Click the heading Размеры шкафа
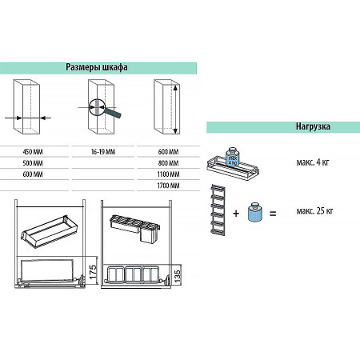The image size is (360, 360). point(97,67)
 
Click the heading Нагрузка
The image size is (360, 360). point(313,126)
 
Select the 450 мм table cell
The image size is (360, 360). point(33,152)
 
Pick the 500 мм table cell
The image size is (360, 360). point(33,163)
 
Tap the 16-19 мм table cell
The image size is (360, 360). point(103,152)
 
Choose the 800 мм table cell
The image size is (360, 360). point(168,163)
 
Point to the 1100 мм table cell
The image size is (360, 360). point(168,174)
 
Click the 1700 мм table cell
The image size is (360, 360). point(168,186)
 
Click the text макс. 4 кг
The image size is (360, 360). point(313,162)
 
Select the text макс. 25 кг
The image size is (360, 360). point(314,211)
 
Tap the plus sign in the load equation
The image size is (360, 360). point(236,214)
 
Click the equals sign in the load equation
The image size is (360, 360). point(273,214)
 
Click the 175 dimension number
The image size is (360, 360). point(93,272)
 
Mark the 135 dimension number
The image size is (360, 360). point(178,276)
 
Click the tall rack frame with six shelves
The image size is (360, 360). point(218,210)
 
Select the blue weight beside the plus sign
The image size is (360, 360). point(255,212)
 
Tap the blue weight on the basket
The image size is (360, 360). point(232,156)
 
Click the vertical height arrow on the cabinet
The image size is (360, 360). point(175,109)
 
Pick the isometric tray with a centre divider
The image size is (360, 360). point(50,232)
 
